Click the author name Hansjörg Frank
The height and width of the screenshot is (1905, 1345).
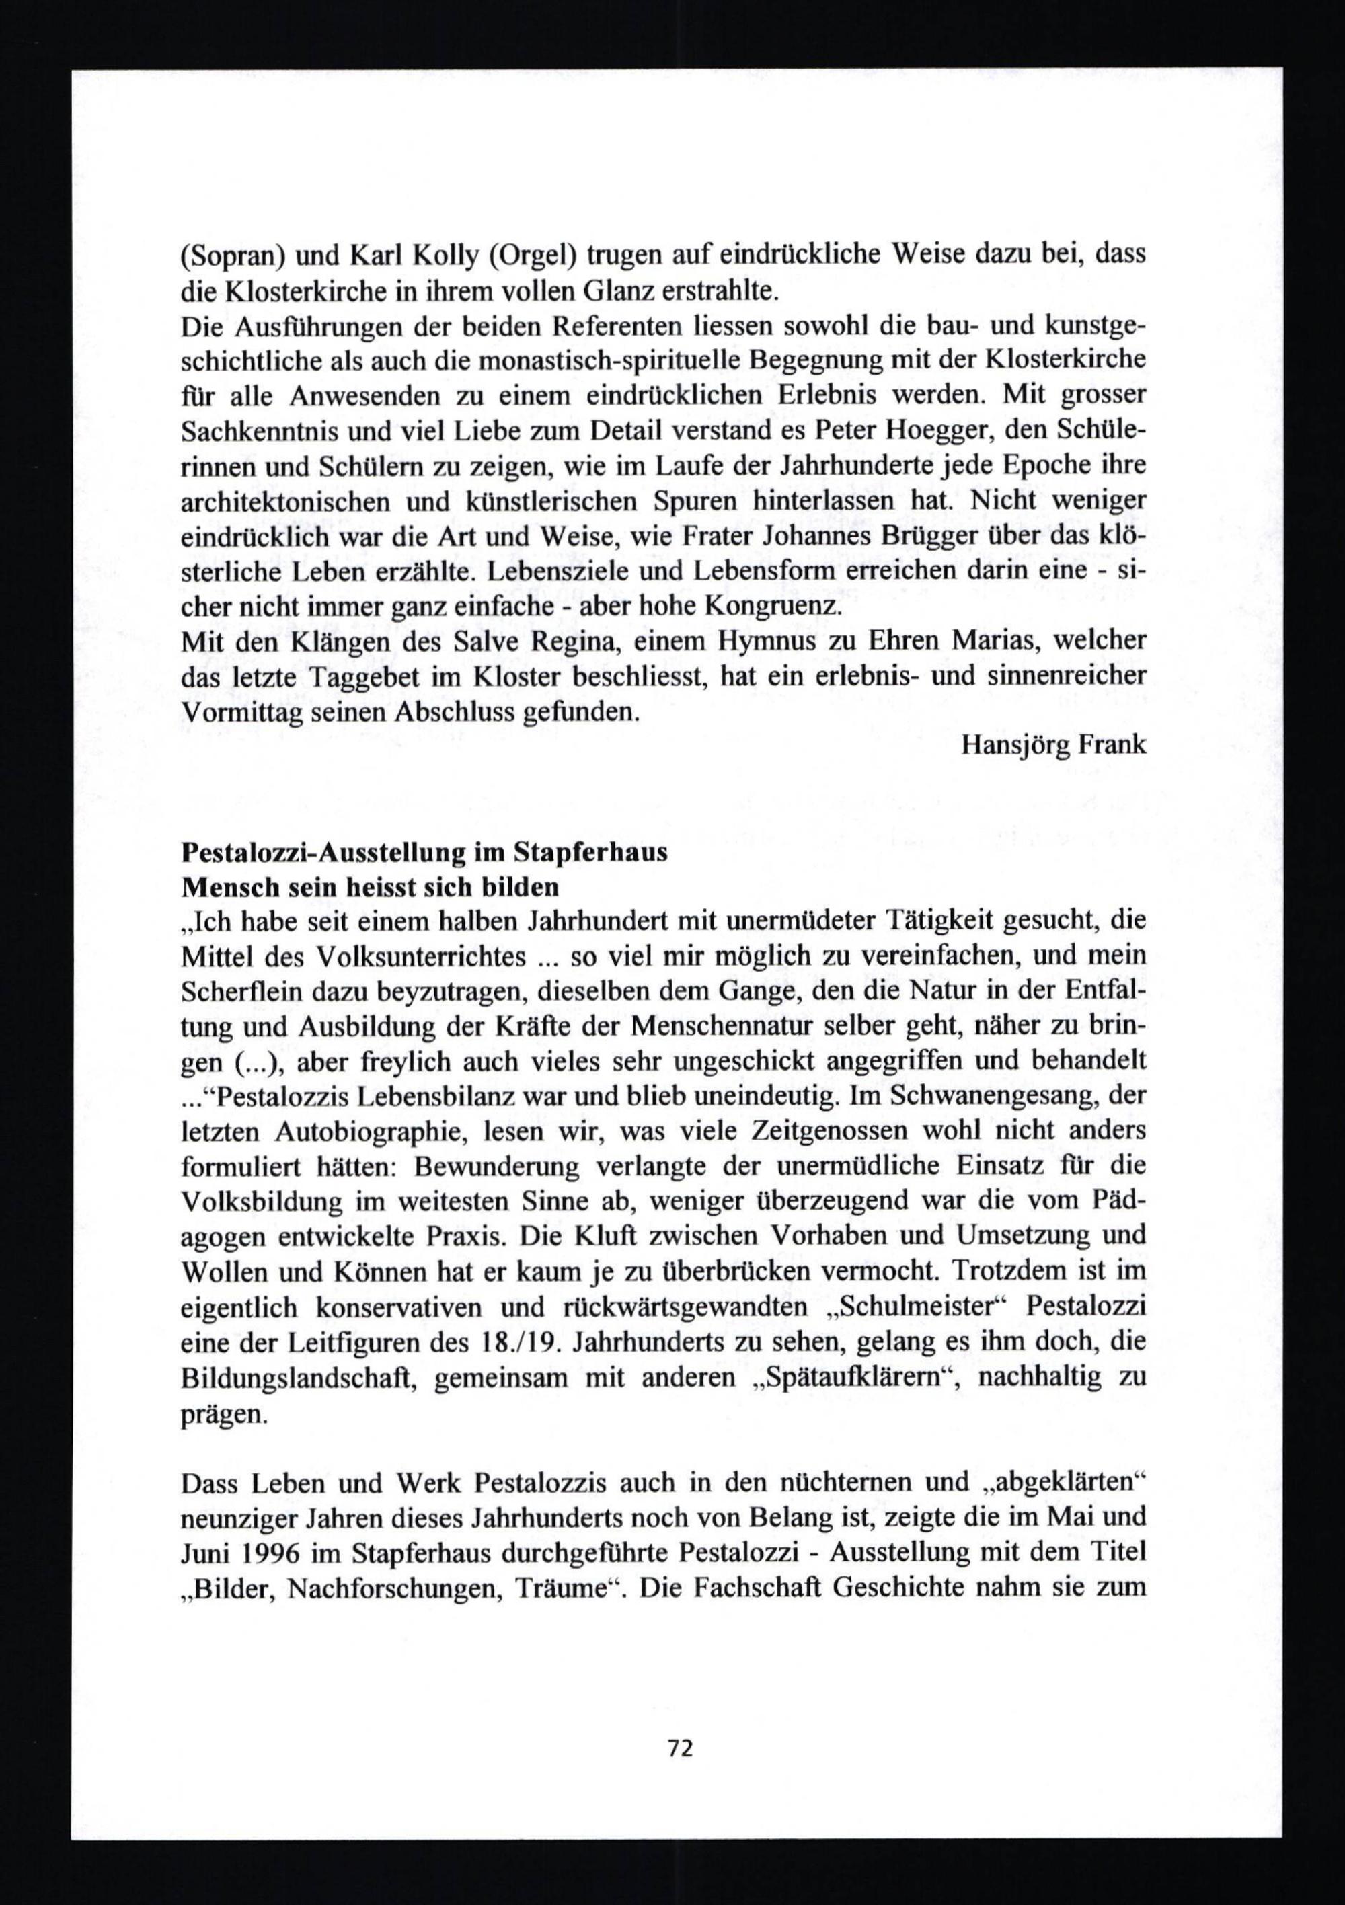point(1053,744)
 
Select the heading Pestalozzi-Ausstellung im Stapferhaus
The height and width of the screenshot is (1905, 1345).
point(424,853)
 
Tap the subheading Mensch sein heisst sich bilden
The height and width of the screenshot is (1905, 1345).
point(369,887)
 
